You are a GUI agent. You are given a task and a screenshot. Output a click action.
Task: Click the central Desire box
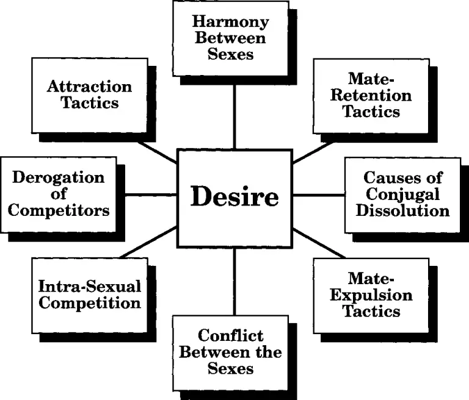[234, 197]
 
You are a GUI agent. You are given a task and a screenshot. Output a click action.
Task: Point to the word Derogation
[59, 178]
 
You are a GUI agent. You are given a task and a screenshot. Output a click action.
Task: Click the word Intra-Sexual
[89, 285]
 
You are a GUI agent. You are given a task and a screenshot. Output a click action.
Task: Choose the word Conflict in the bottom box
[231, 335]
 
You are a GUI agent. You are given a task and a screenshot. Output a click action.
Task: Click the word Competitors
[59, 211]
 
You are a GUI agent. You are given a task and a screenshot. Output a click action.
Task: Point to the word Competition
[89, 302]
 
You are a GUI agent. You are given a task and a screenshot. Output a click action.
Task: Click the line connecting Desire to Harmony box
[234, 116]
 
